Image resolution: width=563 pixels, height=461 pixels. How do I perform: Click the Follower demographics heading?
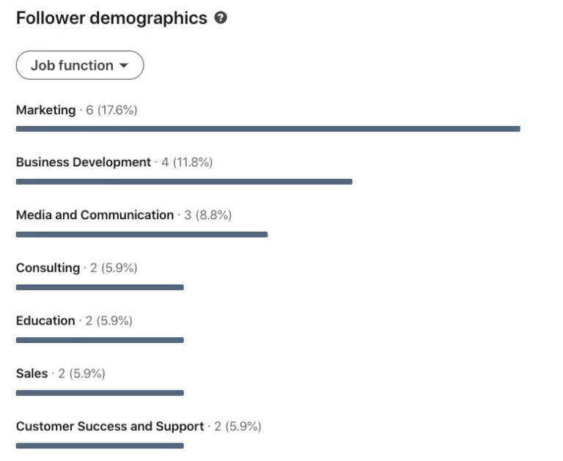click(111, 18)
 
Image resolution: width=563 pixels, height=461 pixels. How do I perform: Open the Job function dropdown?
click(79, 65)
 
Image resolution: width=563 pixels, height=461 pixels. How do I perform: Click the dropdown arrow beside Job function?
click(124, 65)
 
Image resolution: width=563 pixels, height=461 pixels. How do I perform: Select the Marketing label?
click(45, 110)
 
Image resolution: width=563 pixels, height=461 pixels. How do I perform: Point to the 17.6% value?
click(117, 110)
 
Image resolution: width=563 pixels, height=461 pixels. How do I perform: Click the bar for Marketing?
click(268, 129)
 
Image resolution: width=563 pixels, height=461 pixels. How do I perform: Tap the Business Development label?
click(83, 162)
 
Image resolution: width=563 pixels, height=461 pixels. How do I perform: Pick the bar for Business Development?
click(183, 182)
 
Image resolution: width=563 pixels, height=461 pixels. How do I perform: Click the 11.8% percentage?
click(193, 162)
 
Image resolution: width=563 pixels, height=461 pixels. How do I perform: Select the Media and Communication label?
click(95, 215)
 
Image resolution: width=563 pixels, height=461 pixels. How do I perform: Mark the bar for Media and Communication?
click(141, 235)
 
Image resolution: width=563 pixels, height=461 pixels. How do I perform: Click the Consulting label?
click(48, 268)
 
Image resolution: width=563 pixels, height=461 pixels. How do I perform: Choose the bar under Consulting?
click(100, 287)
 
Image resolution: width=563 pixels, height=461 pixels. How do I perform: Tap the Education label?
click(45, 320)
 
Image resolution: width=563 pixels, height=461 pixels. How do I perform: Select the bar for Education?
click(100, 340)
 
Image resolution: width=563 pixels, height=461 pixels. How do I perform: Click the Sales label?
click(32, 373)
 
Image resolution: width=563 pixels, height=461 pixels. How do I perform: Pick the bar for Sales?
click(100, 393)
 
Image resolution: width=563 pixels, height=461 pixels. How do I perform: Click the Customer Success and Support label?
click(110, 426)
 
